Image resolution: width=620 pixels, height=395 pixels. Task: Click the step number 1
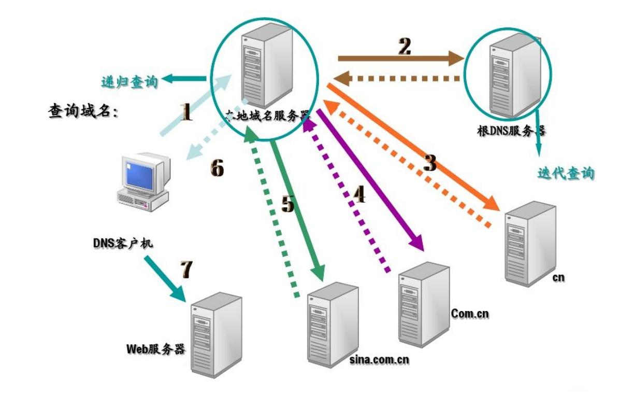[186, 112]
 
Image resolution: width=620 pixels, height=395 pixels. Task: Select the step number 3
[429, 162]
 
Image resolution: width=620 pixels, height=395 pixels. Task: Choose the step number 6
[217, 168]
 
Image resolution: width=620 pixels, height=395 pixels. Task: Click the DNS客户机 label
[122, 243]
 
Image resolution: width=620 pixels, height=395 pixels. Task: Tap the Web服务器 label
[155, 348]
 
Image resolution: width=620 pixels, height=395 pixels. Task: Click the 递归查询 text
[130, 81]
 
